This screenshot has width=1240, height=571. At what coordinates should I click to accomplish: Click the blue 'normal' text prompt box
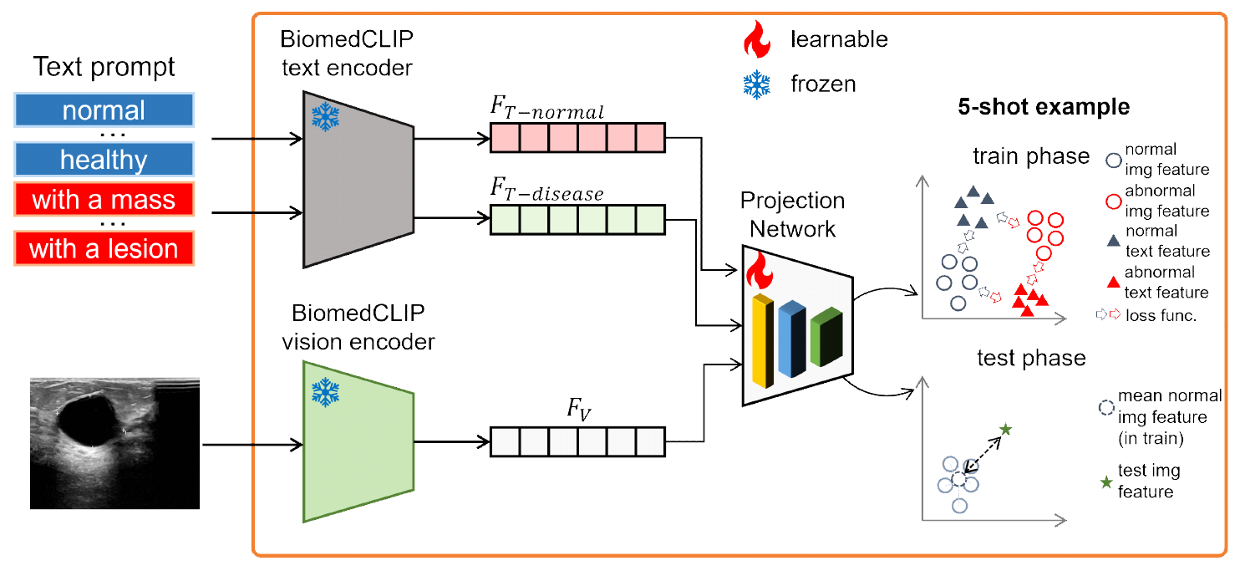pos(104,110)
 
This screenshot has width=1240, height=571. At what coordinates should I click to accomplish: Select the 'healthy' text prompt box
pos(104,159)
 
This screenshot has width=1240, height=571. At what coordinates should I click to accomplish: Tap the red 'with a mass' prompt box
pos(104,200)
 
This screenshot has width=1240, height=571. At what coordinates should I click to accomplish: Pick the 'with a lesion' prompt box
pos(104,248)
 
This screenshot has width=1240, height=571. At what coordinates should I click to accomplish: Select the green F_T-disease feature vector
pos(577,219)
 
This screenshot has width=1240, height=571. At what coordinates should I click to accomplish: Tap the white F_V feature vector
pos(577,441)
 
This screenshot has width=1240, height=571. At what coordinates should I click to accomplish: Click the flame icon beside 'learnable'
pos(757,38)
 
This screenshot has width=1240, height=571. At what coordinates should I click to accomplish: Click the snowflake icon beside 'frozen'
pos(757,84)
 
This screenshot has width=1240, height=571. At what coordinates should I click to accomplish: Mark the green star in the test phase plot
pos(1005,429)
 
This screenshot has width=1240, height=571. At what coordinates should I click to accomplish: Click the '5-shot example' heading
pos(1044,107)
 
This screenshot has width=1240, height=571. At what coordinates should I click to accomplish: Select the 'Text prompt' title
pos(104,67)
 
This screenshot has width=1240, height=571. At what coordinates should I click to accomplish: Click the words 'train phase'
pos(1031,156)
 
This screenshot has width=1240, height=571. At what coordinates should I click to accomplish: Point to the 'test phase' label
pos(1031,359)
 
